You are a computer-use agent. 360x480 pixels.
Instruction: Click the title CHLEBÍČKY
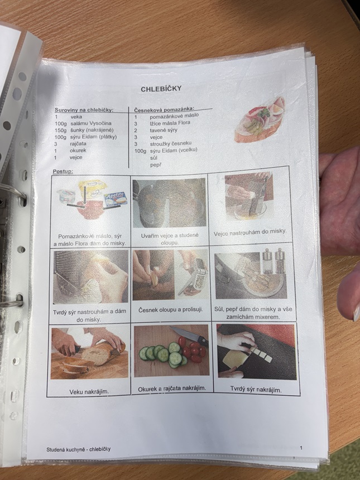[161, 89]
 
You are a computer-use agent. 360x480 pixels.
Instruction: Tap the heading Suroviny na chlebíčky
[84, 110]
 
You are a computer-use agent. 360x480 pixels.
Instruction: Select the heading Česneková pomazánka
[165, 109]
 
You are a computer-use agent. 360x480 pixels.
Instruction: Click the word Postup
[63, 171]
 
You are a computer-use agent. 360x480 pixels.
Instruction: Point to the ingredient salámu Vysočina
[91, 123]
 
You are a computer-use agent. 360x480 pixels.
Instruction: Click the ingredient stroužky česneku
[171, 143]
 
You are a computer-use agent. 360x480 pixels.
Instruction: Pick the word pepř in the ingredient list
[156, 165]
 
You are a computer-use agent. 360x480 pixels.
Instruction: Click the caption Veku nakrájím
[89, 391]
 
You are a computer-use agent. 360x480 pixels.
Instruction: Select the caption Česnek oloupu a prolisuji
[171, 310]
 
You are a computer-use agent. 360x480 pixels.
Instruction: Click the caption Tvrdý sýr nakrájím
[256, 390]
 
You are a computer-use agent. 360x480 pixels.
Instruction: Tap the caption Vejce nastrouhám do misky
[250, 233]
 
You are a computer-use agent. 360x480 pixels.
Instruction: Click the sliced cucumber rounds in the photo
[163, 355]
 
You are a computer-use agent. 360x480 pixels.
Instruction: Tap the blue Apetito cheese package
[116, 198]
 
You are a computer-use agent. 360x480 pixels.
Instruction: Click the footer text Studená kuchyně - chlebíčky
[78, 449]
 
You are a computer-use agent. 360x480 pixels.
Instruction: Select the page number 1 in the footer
[301, 448]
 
